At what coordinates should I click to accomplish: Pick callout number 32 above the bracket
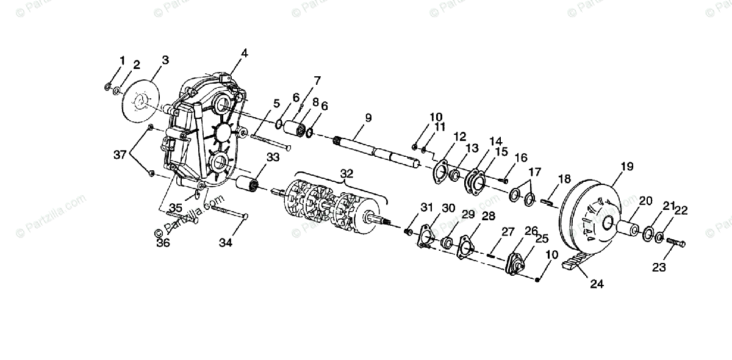pyautogui.click(x=346, y=174)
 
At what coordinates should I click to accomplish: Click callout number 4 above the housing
pyautogui.click(x=244, y=53)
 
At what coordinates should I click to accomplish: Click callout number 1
pyautogui.click(x=122, y=60)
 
